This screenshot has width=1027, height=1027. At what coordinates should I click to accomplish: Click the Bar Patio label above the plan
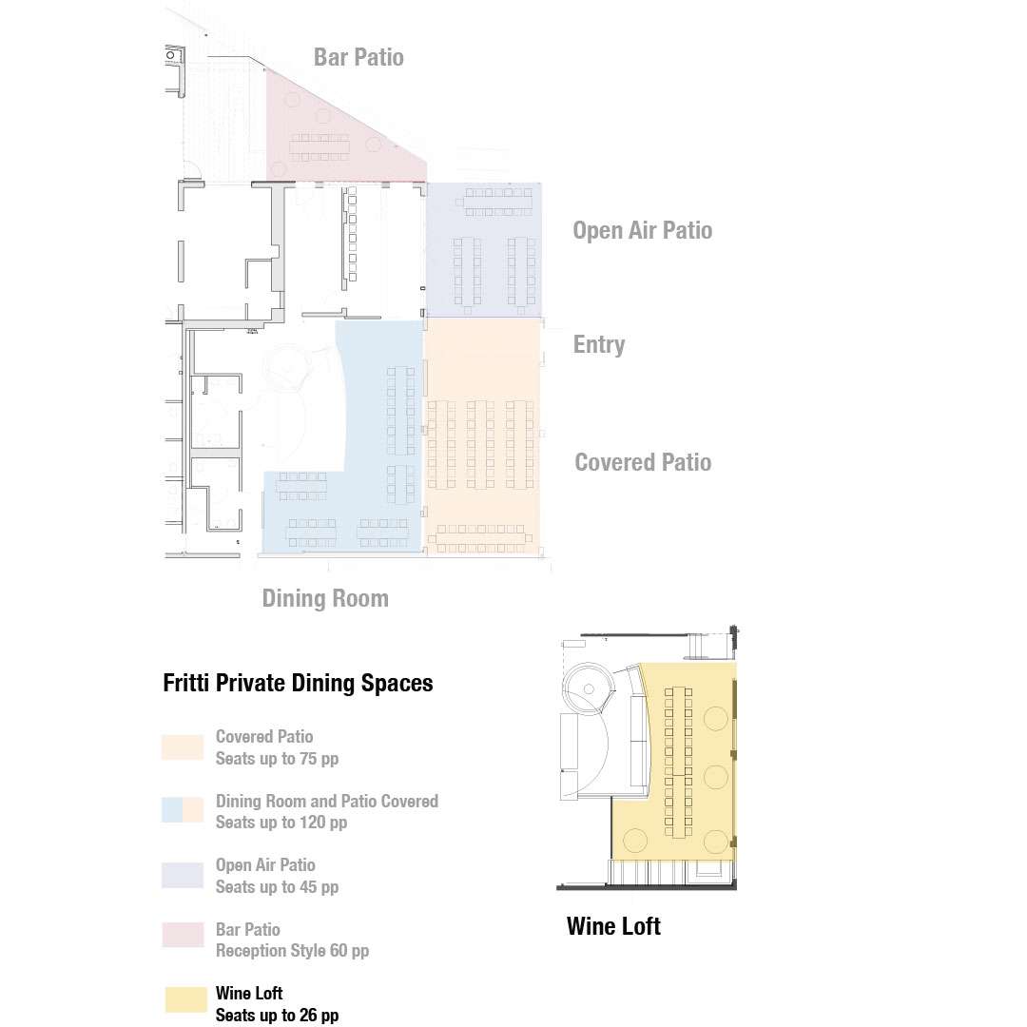click(358, 57)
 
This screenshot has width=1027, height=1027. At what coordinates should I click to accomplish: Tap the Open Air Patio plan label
click(643, 230)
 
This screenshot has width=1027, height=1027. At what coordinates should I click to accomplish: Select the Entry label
click(599, 344)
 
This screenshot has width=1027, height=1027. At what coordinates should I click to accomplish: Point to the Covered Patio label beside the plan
click(643, 462)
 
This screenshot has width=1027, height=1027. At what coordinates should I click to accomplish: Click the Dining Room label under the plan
click(325, 598)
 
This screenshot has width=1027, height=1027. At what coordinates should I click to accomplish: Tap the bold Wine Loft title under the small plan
click(613, 926)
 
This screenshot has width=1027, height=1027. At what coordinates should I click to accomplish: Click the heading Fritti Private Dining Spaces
click(298, 683)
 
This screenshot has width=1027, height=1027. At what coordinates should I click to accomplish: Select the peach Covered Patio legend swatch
click(183, 747)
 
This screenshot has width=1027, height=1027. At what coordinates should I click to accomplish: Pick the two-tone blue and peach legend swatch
click(183, 809)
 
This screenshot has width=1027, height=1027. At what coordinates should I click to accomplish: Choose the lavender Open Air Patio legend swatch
click(183, 875)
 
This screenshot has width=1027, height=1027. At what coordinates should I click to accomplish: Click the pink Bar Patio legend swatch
click(183, 935)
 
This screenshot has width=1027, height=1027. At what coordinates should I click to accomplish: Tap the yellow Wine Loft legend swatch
click(185, 999)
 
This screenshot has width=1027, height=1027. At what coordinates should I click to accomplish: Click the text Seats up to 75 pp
click(277, 759)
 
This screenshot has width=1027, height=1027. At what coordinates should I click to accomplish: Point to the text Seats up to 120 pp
click(281, 822)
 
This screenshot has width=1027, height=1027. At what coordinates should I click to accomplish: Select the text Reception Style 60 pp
click(292, 950)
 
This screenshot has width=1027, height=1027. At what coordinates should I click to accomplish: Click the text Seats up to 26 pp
click(277, 1016)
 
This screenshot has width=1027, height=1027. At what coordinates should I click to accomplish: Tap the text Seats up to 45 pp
click(277, 887)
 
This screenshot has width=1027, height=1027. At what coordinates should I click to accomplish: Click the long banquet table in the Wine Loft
click(679, 763)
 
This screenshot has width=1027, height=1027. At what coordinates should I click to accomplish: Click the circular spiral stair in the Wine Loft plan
click(589, 688)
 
